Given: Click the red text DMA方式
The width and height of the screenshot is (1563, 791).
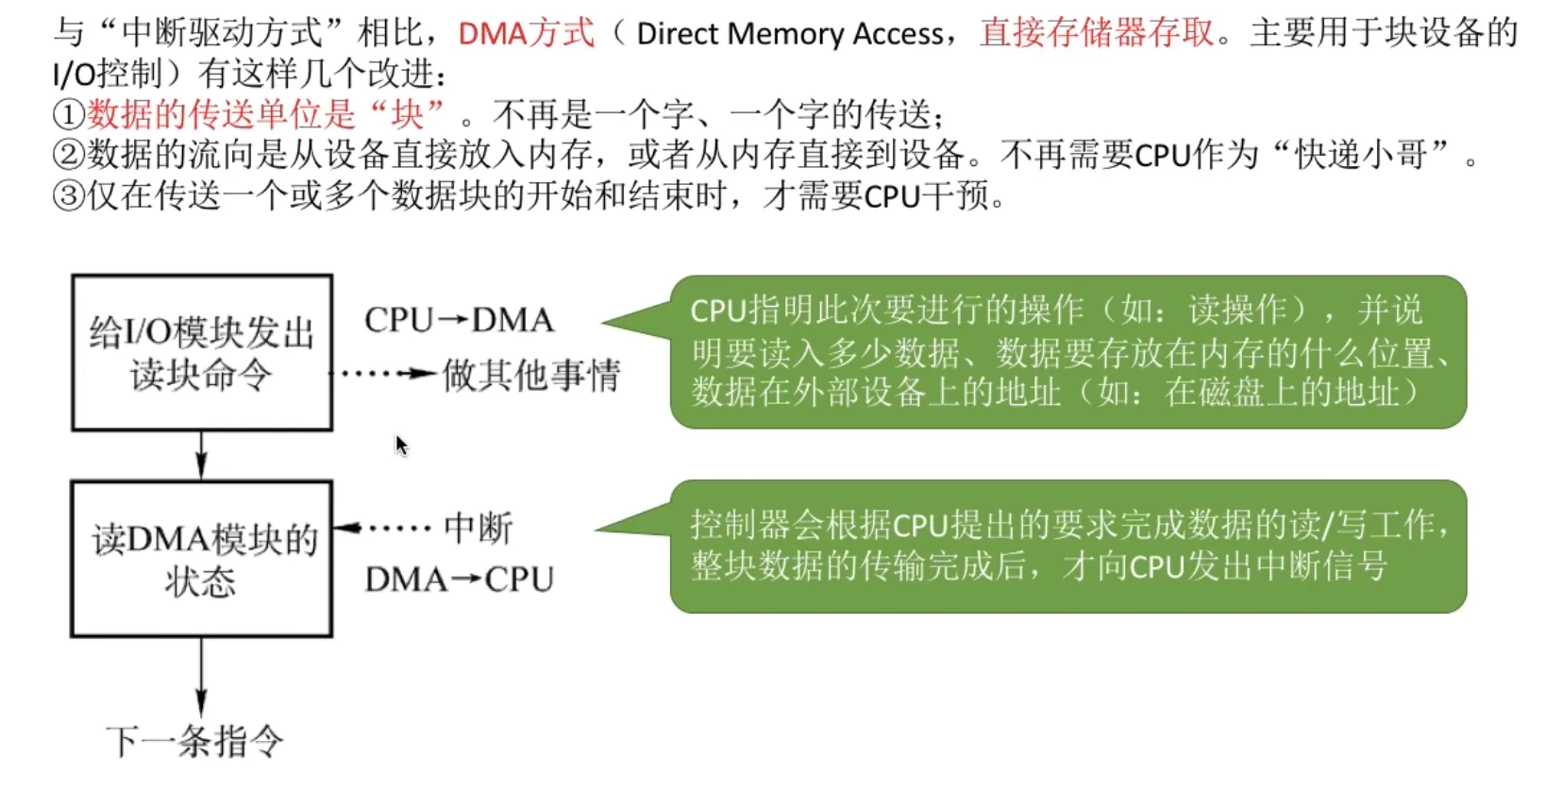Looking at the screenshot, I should (526, 34).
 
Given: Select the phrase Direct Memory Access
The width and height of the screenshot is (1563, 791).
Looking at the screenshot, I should (789, 34).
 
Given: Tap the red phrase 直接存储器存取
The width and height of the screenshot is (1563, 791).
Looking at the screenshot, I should (1097, 34).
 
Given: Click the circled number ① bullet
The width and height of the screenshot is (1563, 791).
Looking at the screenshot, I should (69, 115).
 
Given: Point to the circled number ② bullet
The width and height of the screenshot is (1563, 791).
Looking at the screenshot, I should (69, 155).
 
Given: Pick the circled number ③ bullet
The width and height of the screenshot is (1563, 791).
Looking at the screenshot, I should (69, 196).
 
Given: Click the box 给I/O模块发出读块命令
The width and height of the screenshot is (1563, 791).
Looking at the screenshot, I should (201, 353).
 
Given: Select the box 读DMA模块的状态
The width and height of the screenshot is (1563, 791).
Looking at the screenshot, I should (201, 559).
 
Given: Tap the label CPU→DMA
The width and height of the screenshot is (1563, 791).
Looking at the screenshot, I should (459, 321).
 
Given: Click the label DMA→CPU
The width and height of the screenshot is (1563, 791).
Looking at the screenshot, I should (459, 580).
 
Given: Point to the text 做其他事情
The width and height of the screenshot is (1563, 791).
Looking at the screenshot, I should (531, 376).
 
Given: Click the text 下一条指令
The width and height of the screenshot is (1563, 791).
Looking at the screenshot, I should (194, 742).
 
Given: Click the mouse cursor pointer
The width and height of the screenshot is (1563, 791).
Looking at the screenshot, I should (401, 445).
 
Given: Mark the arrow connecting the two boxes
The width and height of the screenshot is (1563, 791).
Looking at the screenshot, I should (201, 455).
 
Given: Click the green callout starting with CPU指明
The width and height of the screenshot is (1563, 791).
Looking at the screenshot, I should (1067, 351).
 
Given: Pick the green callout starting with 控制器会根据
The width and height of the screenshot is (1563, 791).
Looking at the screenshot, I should (1067, 546).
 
